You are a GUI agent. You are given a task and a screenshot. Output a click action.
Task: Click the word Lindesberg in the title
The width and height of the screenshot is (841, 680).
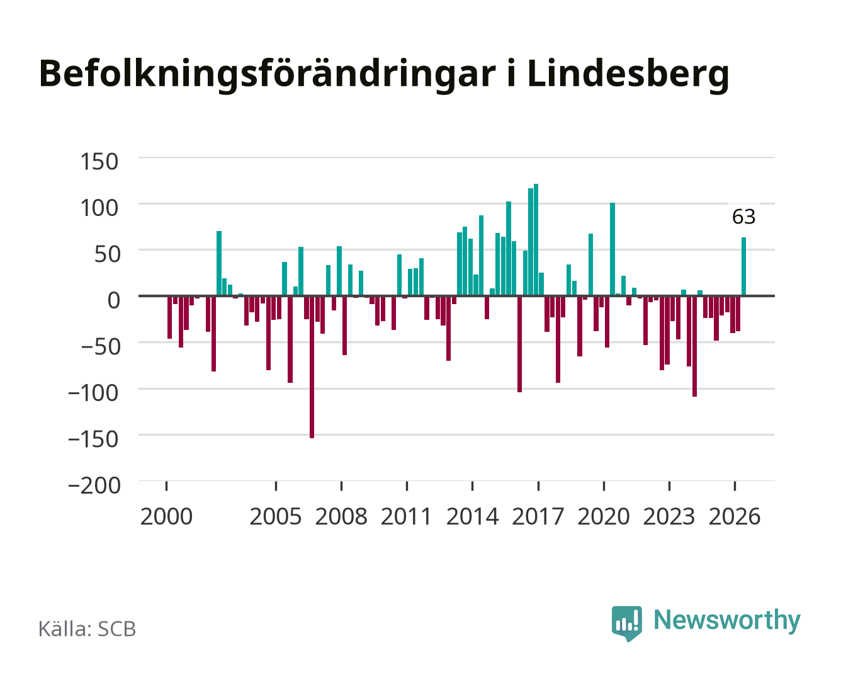[628, 74]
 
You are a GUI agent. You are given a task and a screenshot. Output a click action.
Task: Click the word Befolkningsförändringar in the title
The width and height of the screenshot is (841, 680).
[267, 74]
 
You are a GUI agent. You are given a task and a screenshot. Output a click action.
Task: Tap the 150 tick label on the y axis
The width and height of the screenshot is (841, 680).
[99, 162]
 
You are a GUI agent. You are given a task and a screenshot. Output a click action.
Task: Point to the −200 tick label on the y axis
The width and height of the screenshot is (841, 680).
[94, 485]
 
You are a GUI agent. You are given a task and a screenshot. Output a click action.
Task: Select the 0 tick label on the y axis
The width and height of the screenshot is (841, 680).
[113, 300]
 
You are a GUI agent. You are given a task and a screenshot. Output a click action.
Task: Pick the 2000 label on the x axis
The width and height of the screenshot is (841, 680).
[166, 516]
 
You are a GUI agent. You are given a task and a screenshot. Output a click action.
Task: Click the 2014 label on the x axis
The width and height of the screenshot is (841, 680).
[472, 516]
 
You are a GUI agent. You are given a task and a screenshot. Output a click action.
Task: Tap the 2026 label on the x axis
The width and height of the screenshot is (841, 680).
[735, 516]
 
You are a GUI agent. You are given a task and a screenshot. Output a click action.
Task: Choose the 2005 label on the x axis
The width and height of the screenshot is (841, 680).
[276, 516]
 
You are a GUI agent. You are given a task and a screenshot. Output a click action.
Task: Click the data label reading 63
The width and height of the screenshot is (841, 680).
[744, 217]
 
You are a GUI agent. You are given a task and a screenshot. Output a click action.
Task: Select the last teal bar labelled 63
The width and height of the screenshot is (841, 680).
[744, 266]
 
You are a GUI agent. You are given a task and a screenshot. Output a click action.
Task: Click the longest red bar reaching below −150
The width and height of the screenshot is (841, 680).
[312, 367]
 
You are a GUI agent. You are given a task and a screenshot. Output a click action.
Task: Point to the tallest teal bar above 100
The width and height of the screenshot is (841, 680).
[536, 240]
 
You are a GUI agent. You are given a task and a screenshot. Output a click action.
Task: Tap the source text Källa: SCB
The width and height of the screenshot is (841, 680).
[87, 628]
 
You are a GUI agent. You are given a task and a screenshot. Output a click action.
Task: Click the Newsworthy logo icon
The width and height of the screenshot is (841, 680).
[626, 623]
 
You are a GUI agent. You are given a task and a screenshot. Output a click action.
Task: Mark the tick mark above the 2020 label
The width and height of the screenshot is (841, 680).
[604, 486]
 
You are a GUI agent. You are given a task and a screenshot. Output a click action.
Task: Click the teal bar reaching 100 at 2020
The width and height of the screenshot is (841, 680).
[612, 249]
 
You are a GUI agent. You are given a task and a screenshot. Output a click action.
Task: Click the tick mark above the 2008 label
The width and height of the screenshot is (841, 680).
[342, 486]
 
